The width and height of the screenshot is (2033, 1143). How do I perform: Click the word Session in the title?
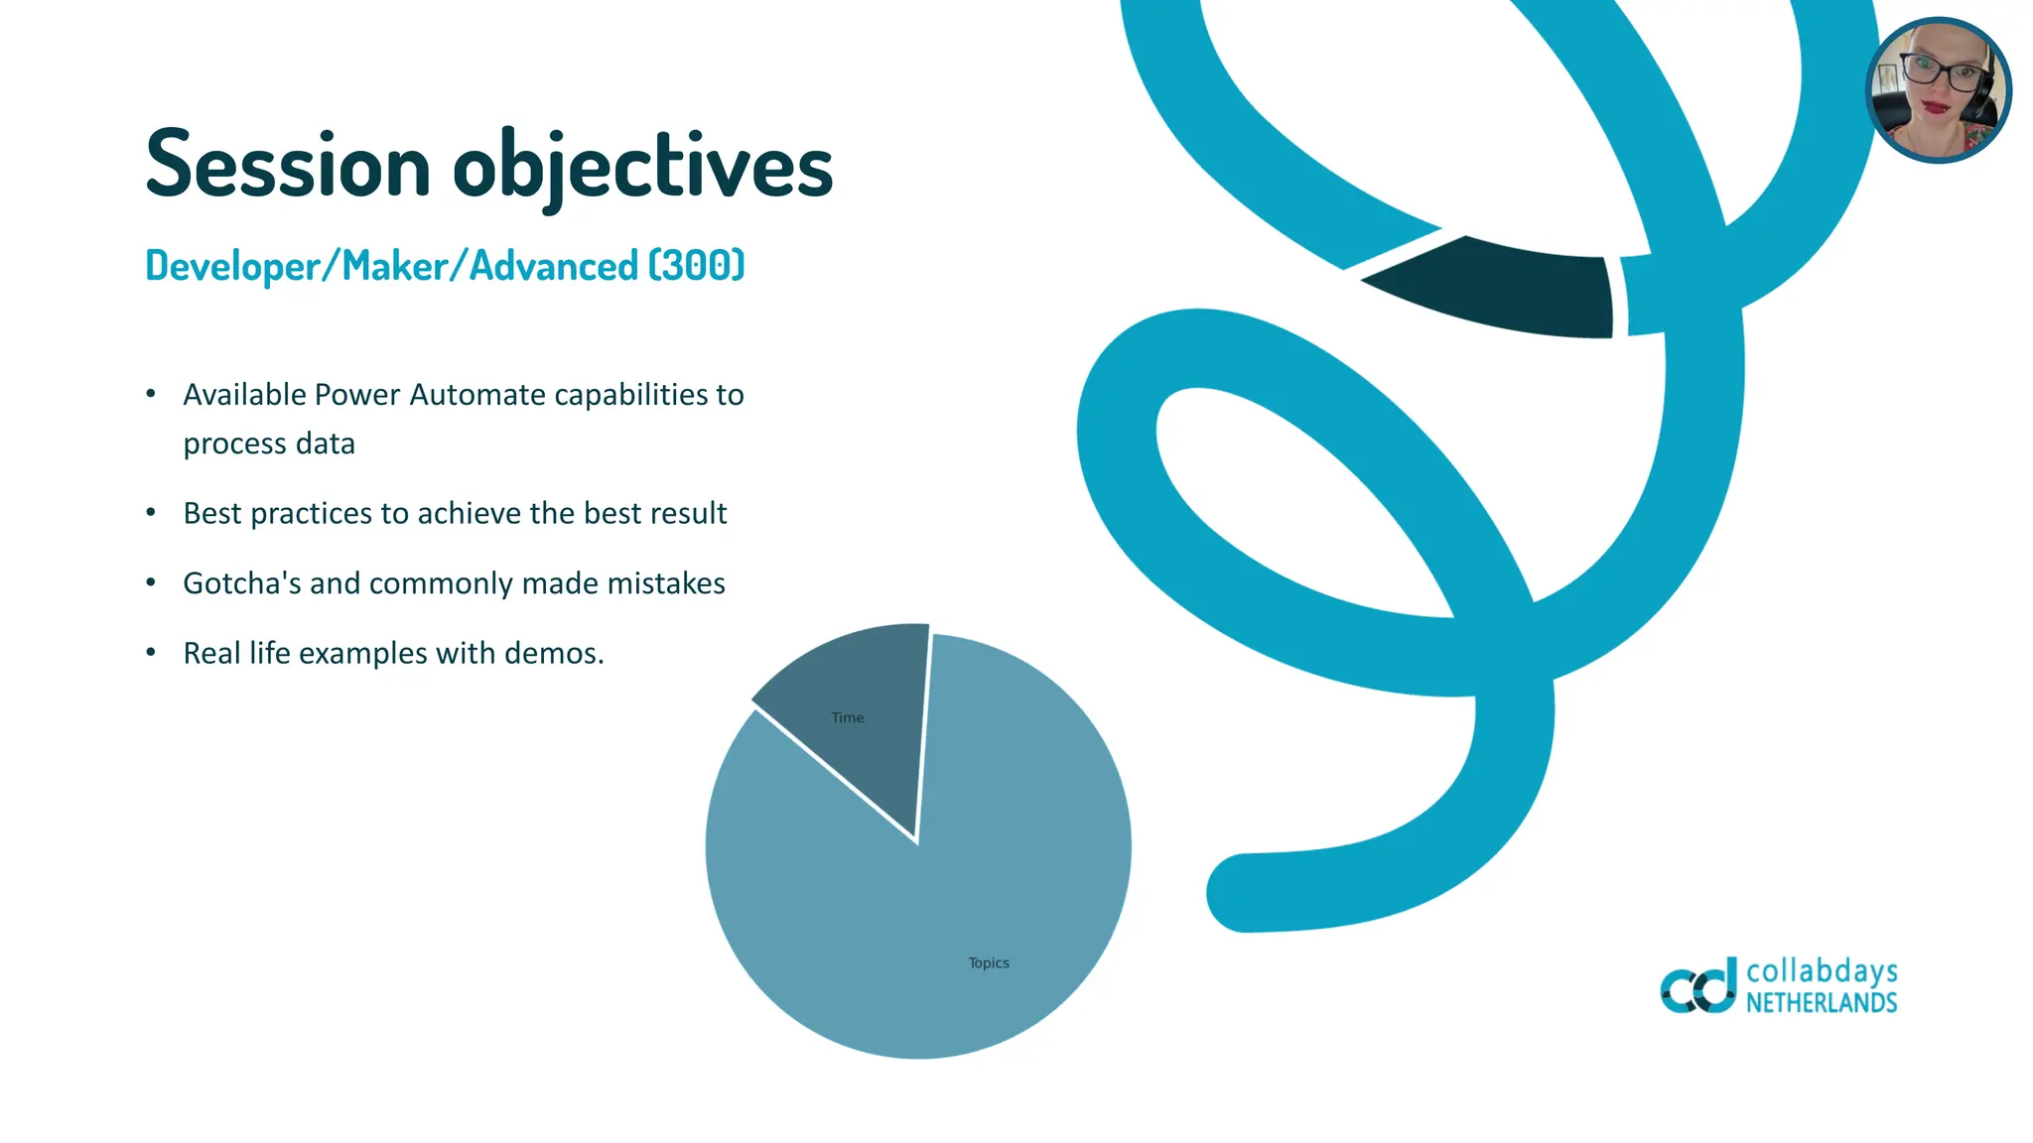(288, 166)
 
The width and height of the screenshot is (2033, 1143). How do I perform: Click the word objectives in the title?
(642, 166)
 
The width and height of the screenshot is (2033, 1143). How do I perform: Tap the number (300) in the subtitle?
(696, 266)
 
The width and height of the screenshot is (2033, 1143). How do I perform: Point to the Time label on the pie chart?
(847, 717)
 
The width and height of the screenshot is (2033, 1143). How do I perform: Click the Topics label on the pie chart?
(988, 962)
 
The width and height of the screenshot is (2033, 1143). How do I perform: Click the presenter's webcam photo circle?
(1938, 90)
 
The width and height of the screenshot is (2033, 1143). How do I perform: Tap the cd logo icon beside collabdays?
(1698, 986)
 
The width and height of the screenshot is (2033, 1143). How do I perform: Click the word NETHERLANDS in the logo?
(1822, 1003)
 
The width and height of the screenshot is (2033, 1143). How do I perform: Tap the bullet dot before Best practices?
(151, 513)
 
